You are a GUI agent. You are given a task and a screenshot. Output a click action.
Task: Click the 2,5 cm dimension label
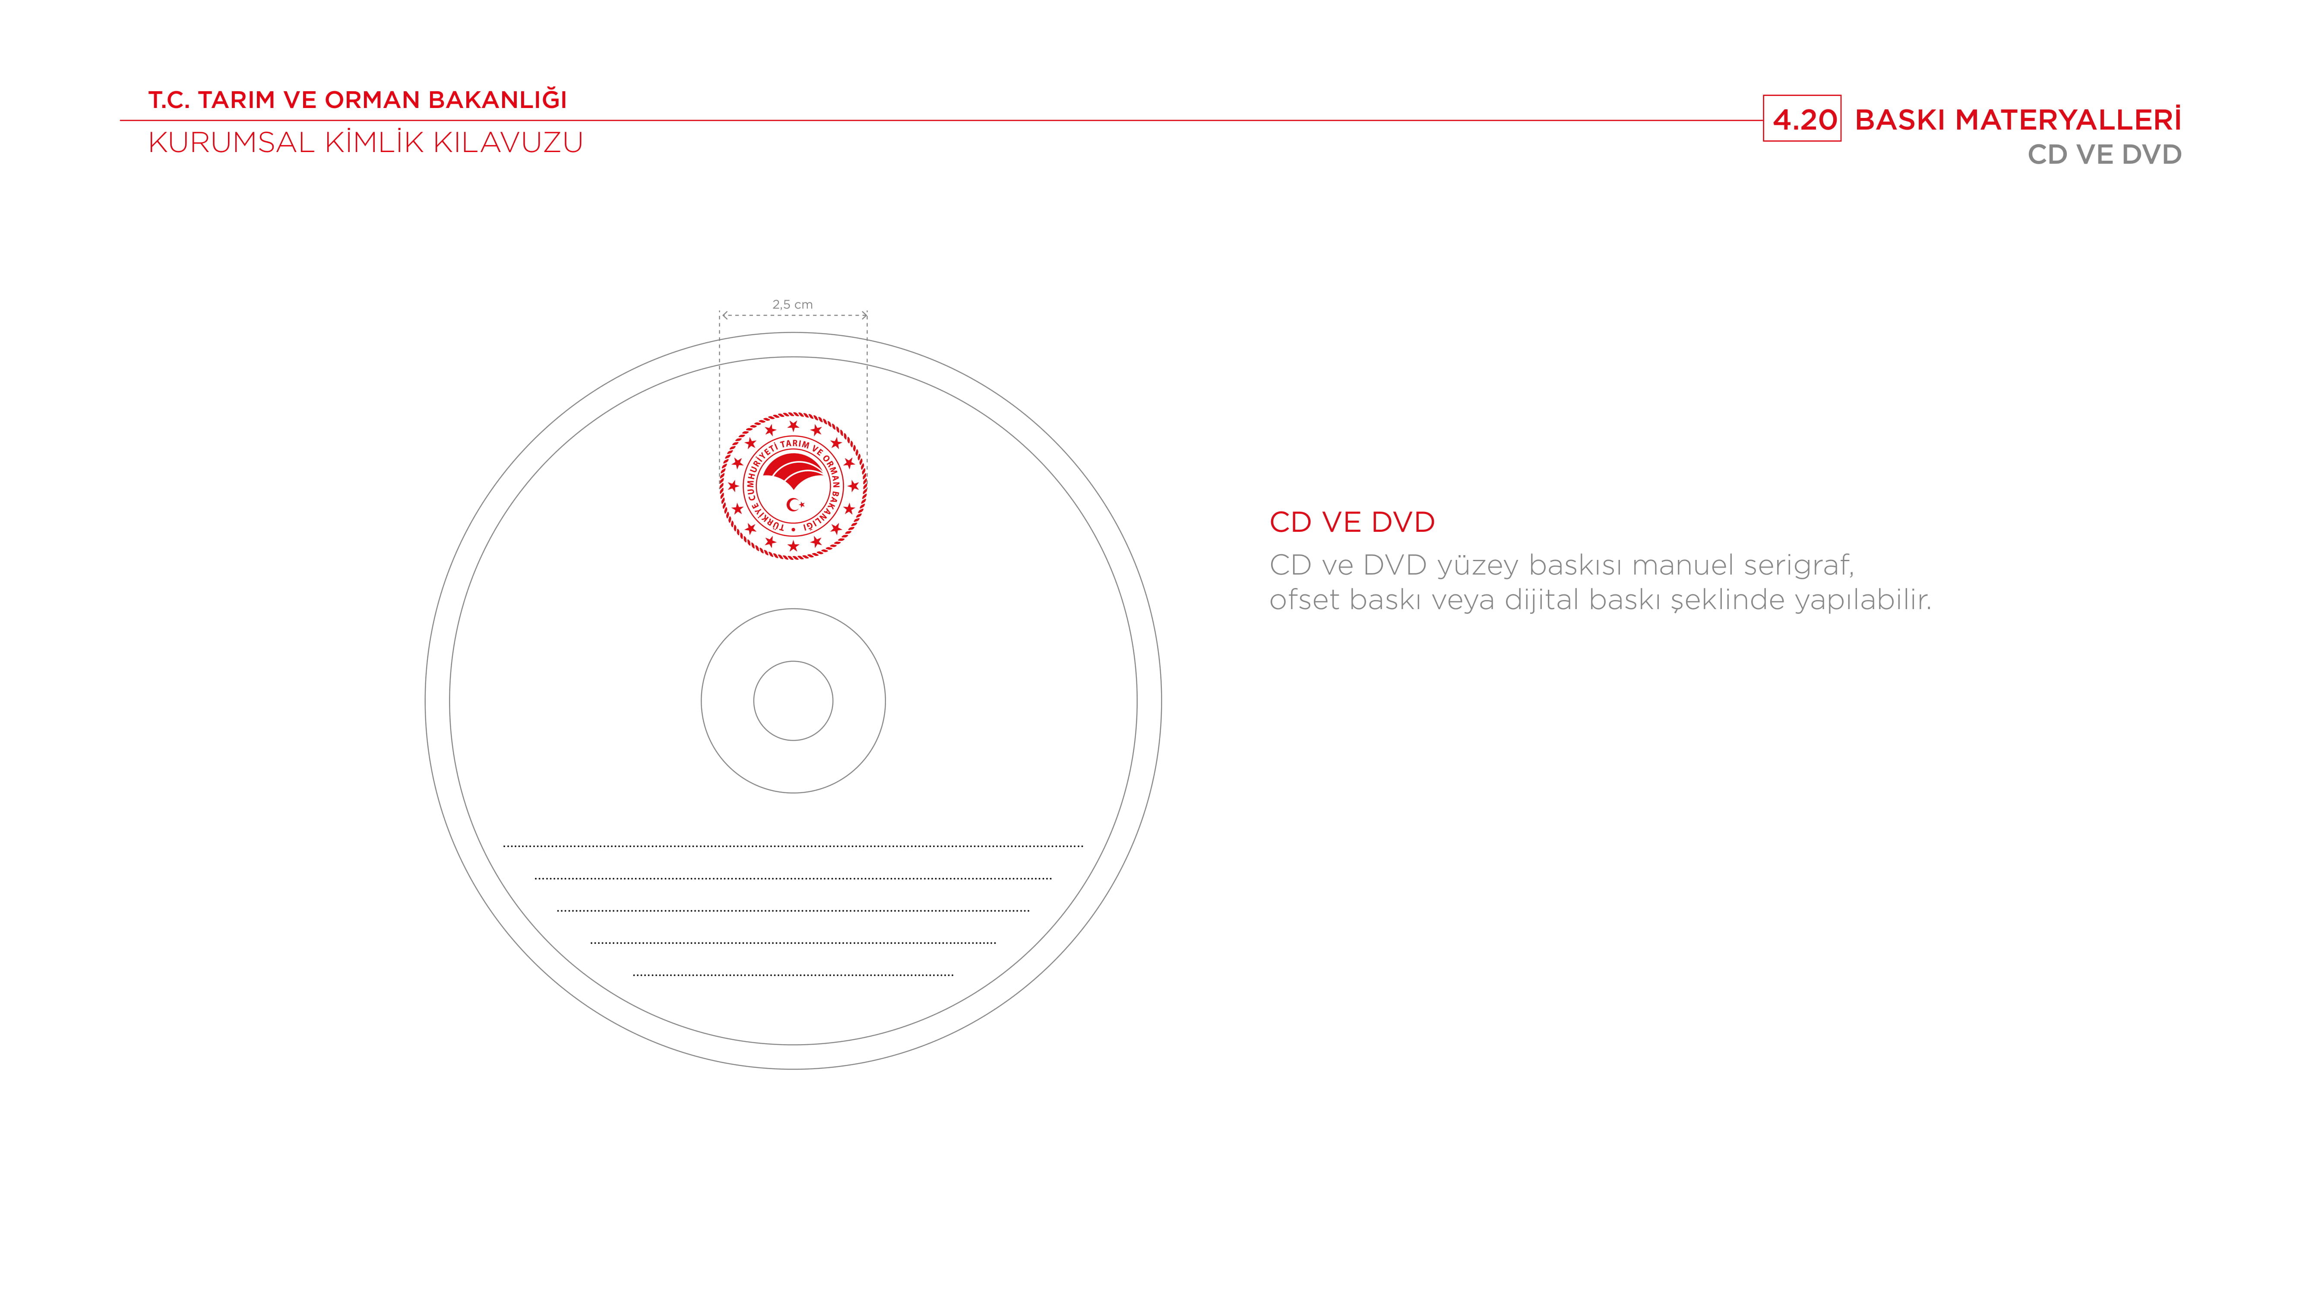pos(792,304)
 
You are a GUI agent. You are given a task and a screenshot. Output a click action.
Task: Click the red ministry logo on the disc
pos(793,486)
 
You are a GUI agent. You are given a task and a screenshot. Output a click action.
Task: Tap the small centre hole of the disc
pos(793,700)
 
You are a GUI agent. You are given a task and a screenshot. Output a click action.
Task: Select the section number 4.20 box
pos(1801,118)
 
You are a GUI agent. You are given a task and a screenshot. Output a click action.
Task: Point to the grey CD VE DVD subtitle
pos(2104,155)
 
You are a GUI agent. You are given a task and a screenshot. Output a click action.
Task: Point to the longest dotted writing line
pos(793,845)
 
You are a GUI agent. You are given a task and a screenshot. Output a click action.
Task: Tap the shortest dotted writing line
pos(793,974)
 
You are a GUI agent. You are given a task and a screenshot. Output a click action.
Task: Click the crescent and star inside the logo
pos(795,505)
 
